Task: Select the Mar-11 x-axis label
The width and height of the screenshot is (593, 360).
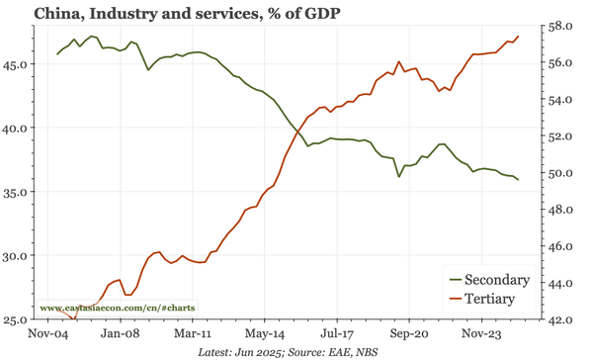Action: pos(190,335)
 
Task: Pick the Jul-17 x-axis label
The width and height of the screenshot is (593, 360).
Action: pos(336,335)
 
